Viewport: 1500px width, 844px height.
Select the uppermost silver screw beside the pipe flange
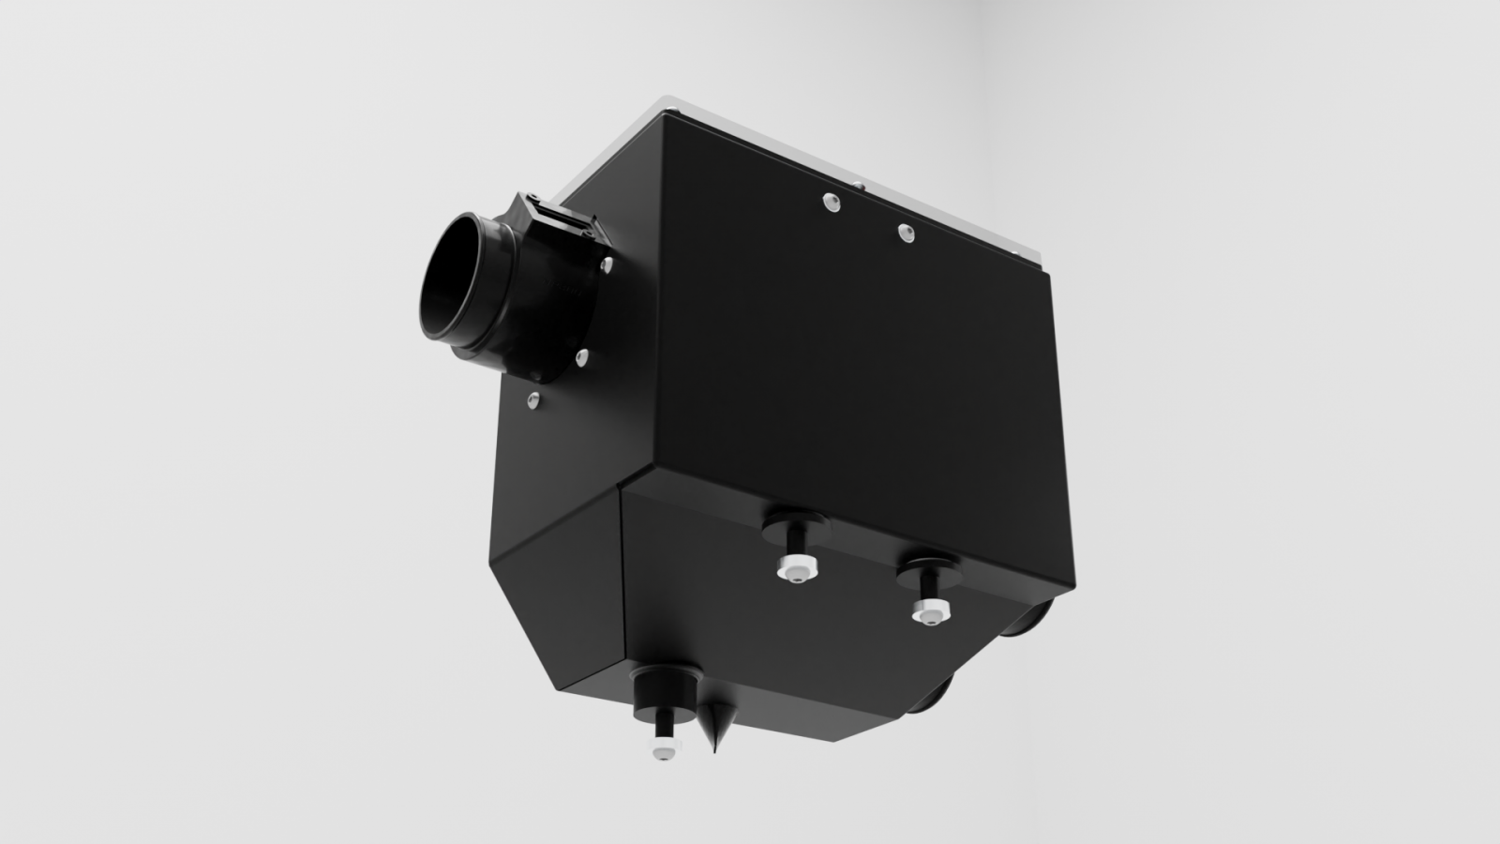[x=607, y=266]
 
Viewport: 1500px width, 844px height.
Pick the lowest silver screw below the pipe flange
[x=532, y=400]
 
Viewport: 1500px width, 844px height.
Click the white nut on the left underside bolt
[x=794, y=569]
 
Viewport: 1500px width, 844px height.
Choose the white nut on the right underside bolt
[x=931, y=610]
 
